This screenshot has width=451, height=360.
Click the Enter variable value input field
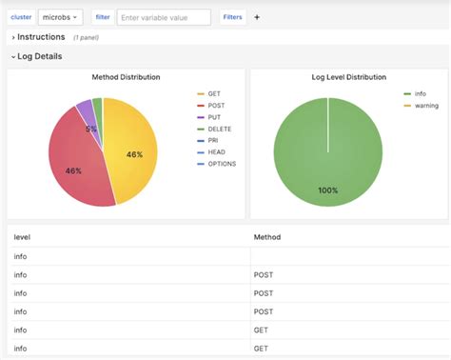165,17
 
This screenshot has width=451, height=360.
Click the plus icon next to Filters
257,17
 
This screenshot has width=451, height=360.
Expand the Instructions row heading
40,37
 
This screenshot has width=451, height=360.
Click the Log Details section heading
39,57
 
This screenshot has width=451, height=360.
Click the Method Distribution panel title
126,77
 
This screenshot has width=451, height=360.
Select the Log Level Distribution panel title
348,77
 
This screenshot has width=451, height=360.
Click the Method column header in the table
267,236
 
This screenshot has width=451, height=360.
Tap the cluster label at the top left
21,17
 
